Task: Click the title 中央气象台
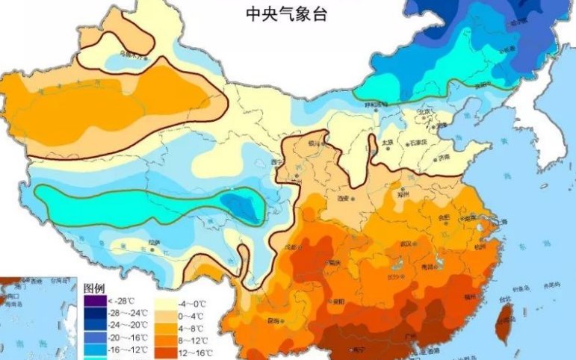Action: click(287, 14)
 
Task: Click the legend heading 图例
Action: click(94, 288)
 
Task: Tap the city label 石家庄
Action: click(418, 142)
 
